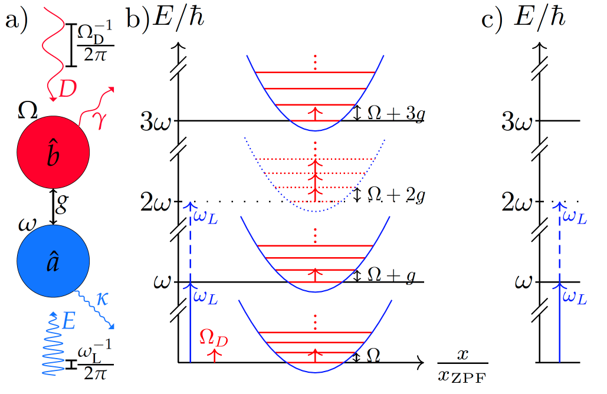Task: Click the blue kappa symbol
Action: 101,298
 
